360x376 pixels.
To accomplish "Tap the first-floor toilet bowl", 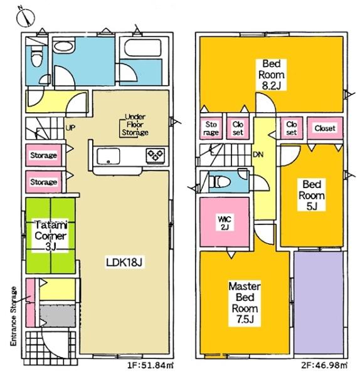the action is click(x=37, y=58).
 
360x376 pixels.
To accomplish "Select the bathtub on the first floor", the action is click(x=143, y=48).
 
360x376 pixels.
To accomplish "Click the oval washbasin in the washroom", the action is click(x=63, y=46).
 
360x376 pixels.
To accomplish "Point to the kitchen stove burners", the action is click(x=156, y=155).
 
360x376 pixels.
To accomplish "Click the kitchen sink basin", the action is click(x=109, y=156).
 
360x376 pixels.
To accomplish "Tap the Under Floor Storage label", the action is click(x=135, y=125).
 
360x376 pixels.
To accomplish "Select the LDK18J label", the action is click(x=124, y=263).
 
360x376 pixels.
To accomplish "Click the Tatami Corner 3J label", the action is click(x=50, y=236).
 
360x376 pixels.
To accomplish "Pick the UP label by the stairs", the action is click(x=70, y=128).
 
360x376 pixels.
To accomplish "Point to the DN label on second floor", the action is click(x=258, y=155).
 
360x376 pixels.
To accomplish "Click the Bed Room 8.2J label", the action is click(x=272, y=75).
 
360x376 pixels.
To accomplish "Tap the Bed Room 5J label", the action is click(x=312, y=196).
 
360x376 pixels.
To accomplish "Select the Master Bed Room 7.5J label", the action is click(x=245, y=303).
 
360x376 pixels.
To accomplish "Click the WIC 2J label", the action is click(x=225, y=223).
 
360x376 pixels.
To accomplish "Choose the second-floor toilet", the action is click(x=220, y=182).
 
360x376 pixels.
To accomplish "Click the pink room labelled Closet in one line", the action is click(x=325, y=128).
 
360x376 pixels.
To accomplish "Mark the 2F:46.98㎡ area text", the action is click(x=324, y=365).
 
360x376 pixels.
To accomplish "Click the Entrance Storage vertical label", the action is click(x=14, y=316).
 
